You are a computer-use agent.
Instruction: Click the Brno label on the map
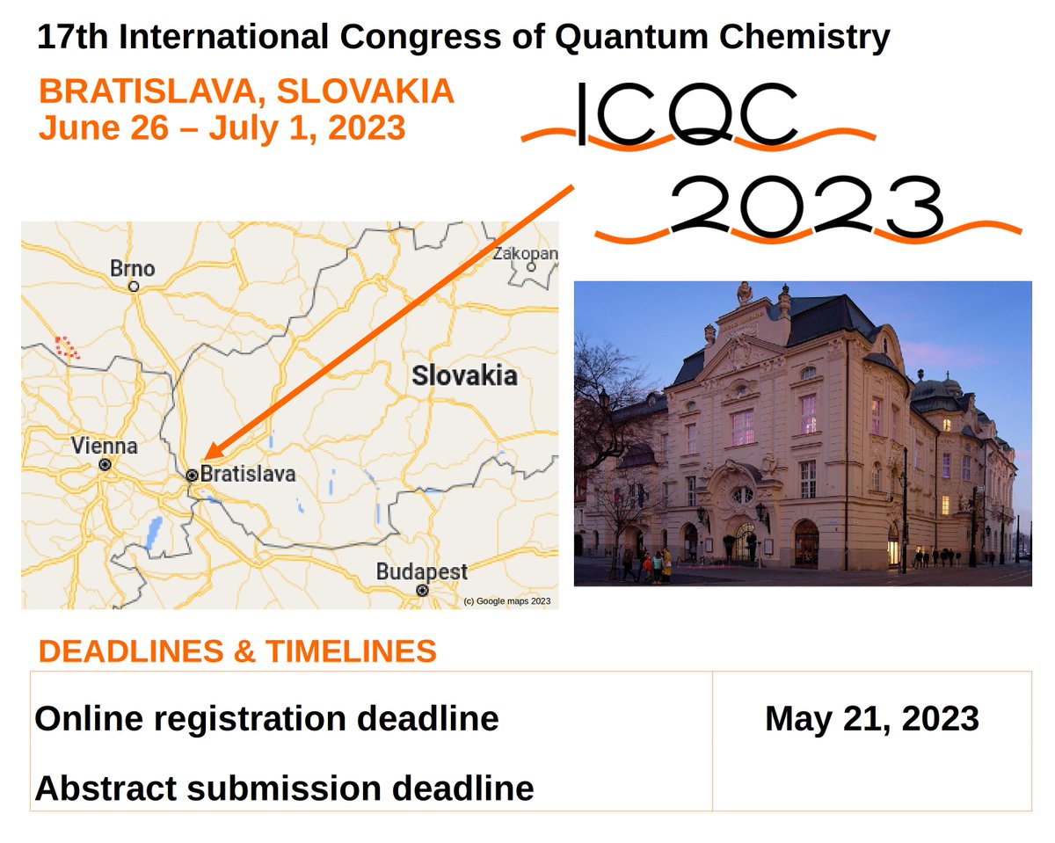(133, 268)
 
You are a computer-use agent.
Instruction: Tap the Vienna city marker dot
(105, 464)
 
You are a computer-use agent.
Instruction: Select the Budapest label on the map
(421, 571)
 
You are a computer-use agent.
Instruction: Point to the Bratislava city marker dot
(192, 475)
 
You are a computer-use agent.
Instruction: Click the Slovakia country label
(464, 376)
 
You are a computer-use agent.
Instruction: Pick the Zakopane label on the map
(525, 253)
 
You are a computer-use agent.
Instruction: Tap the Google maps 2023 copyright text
(506, 601)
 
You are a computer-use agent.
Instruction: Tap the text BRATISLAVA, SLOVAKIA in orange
(247, 91)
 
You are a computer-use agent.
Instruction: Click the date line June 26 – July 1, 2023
(222, 128)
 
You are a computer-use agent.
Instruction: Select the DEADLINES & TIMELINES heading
(238, 651)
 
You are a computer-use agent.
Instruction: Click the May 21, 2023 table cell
(871, 718)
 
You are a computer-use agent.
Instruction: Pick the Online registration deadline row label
(266, 718)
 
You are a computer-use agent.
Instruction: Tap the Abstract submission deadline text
(284, 788)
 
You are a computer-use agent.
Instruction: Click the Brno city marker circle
(134, 287)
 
